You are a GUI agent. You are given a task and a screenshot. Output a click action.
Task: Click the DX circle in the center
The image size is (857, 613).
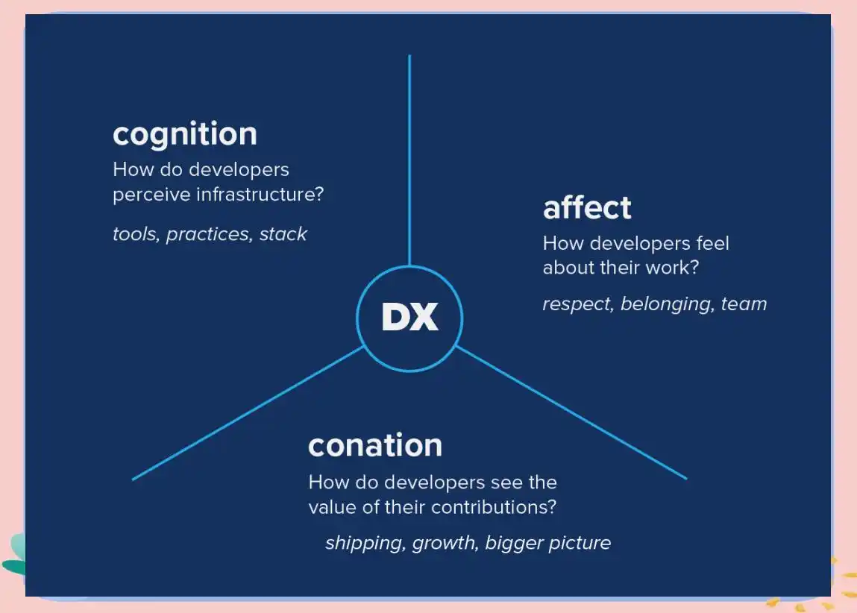[x=409, y=318]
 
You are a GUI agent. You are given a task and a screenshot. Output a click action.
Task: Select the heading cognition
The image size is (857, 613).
[x=185, y=134]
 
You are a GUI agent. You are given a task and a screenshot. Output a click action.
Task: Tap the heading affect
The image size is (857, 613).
[x=587, y=207]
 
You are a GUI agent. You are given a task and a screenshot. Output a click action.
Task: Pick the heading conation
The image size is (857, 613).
[x=375, y=445]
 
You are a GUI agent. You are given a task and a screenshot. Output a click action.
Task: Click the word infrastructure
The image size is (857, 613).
[x=260, y=195]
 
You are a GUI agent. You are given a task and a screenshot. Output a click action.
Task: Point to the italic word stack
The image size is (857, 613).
[x=283, y=234]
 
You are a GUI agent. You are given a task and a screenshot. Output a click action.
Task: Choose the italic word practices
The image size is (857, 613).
[x=208, y=235]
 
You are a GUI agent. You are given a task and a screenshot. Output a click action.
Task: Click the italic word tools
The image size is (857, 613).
[x=135, y=234]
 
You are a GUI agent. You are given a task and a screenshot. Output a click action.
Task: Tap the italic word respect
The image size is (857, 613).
[x=577, y=304]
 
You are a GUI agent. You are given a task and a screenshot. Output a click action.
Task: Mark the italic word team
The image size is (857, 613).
[x=744, y=304]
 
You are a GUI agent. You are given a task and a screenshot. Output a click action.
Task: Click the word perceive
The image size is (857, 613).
[x=151, y=195]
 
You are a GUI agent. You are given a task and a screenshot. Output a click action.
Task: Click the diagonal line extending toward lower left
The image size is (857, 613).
[x=246, y=413]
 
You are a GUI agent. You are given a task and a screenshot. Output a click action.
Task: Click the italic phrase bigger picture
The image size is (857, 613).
[x=547, y=543]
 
